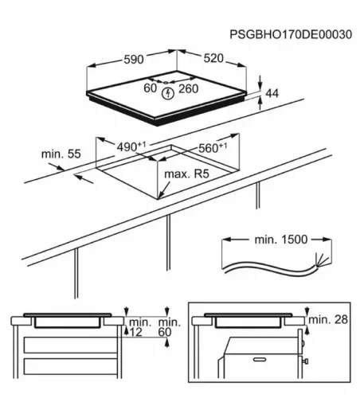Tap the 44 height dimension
(272, 93)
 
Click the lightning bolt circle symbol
(167, 93)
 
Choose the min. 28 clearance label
(329, 320)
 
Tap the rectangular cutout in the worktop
(159, 171)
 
